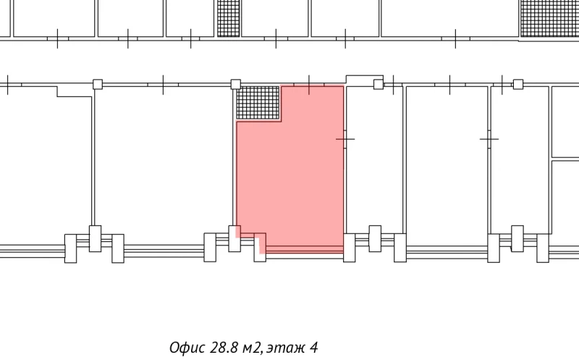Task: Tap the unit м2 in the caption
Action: pyautogui.click(x=252, y=348)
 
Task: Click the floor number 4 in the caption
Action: pyautogui.click(x=314, y=348)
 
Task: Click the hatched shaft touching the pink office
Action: pyautogui.click(x=258, y=102)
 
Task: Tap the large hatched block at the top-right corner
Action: pyautogui.click(x=549, y=18)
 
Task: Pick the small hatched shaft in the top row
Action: pyautogui.click(x=228, y=18)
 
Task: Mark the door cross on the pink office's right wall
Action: pyautogui.click(x=345, y=139)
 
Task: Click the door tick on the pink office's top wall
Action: pyautogui.click(x=309, y=85)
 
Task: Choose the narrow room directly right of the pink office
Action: pyautogui.click(x=374, y=159)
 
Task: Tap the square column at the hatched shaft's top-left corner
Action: pyautogui.click(x=236, y=84)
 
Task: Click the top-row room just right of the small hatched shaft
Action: pyautogui.click(x=275, y=18)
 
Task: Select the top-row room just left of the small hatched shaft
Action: pyautogui.click(x=190, y=18)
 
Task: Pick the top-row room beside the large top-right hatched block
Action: pyautogui.click(x=449, y=18)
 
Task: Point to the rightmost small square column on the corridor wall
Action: pyautogui.click(x=518, y=84)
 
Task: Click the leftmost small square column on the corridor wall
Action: pyautogui.click(x=98, y=84)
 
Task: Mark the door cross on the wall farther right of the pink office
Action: pyautogui.click(x=489, y=139)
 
